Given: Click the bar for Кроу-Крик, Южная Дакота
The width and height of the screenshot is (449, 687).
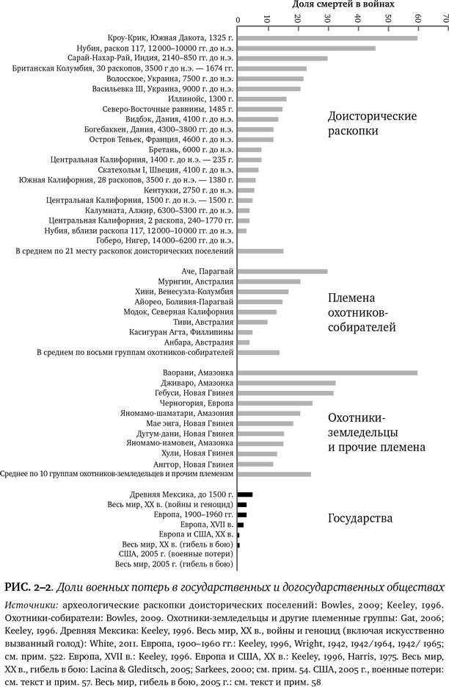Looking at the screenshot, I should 327,37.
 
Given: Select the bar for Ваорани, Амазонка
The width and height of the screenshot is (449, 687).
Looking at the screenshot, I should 327,373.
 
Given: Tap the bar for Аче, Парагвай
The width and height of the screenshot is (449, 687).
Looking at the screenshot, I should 282,271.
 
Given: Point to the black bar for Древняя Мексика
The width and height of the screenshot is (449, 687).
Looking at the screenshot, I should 245,494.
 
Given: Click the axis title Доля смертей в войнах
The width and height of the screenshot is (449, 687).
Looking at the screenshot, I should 343,4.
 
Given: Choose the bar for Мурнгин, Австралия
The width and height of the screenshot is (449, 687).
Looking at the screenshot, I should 269,281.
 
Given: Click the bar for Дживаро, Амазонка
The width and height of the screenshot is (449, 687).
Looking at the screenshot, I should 286,383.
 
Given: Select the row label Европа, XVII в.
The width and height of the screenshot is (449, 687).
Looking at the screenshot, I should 207,525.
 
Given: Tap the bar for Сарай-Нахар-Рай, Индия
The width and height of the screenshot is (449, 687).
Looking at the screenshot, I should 282,58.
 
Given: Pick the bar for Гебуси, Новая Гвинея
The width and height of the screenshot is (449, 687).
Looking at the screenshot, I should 285,393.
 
